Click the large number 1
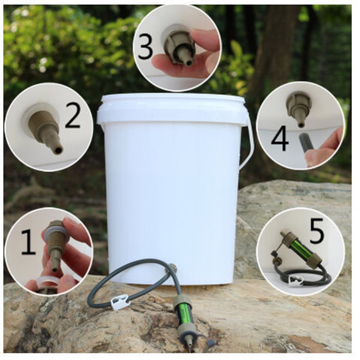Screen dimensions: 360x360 click(x=29, y=242)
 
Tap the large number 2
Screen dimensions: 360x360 click(x=72, y=115)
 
